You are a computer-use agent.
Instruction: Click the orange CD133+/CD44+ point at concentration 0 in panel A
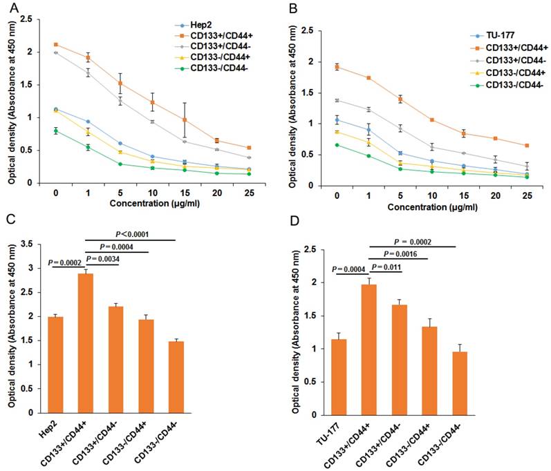(55, 44)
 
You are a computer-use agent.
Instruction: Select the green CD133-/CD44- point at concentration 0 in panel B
(337, 145)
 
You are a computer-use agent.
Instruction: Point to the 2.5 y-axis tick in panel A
(27, 19)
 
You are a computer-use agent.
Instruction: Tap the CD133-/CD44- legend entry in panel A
(203, 68)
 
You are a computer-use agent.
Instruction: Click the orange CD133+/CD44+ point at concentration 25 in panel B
(527, 146)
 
